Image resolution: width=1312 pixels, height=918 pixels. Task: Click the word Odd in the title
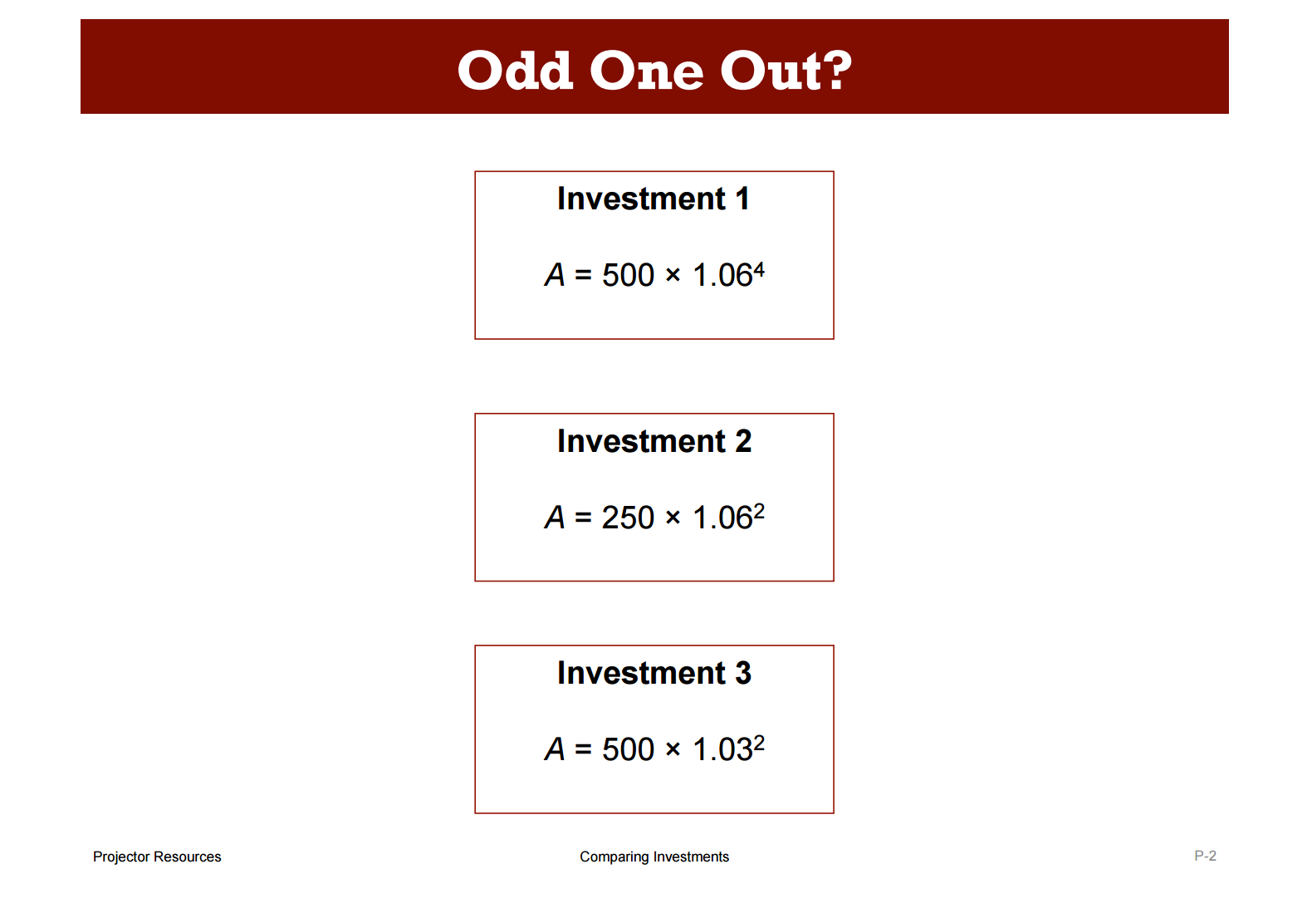pos(515,70)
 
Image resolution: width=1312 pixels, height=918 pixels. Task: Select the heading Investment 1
pos(654,199)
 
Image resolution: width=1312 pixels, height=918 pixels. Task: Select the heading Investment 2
pos(654,441)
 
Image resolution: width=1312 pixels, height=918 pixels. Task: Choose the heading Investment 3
pos(654,673)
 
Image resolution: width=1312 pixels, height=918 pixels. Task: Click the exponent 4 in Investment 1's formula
pos(759,269)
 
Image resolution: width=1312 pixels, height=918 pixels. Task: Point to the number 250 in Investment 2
pos(628,518)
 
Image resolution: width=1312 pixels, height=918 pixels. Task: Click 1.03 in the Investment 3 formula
pos(722,749)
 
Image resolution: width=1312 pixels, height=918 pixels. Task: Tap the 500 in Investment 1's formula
pos(628,275)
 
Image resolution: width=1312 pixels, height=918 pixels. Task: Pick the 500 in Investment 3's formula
pos(628,749)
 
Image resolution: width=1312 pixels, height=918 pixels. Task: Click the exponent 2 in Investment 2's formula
pos(759,512)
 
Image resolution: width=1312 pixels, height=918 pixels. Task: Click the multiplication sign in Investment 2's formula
pos(673,518)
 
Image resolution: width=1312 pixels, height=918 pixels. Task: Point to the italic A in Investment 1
pos(555,275)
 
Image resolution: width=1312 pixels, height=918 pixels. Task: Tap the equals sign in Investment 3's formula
pos(584,749)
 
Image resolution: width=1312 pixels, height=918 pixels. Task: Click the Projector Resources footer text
pos(157,857)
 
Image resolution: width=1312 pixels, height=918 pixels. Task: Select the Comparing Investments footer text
pos(654,857)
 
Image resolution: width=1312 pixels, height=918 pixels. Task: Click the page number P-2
pos(1206,856)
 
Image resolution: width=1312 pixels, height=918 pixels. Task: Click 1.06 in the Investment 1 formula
pos(722,275)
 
